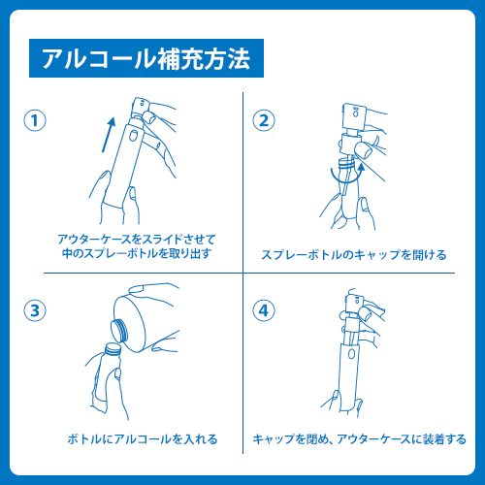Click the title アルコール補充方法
tap(146, 58)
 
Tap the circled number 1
tap(35, 120)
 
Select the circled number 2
tap(264, 120)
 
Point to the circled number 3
tap(35, 310)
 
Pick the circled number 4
tap(264, 310)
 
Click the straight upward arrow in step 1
tap(109, 135)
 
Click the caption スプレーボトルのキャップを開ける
tap(354, 255)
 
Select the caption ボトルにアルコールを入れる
tap(143, 439)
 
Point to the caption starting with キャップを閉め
tap(359, 439)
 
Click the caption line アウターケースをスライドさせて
tap(137, 240)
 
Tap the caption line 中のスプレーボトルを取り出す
tap(137, 253)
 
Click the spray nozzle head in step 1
tap(142, 106)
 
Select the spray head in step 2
tap(353, 114)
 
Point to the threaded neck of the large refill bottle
tap(119, 330)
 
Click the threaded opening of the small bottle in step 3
tap(113, 348)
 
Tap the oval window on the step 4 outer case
tap(351, 354)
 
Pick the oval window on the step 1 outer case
tap(133, 136)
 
